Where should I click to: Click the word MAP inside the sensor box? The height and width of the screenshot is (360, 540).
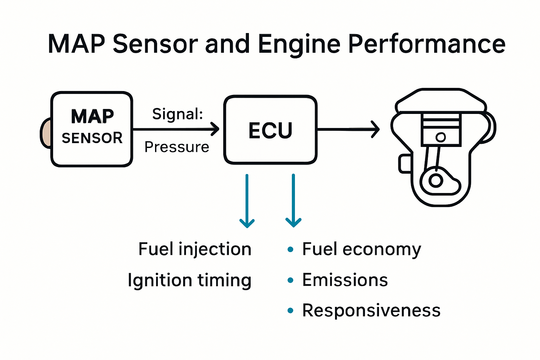tap(92, 116)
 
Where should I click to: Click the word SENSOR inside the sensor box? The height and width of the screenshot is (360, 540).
tap(92, 138)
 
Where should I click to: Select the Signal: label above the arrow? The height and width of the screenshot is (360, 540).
tap(178, 114)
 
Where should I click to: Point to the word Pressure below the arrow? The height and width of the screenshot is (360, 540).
tap(177, 147)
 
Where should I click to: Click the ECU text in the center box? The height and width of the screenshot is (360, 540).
tap(270, 130)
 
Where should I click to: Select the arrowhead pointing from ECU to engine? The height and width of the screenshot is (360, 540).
tap(375, 129)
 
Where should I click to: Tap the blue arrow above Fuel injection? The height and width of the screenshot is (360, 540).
tap(247, 200)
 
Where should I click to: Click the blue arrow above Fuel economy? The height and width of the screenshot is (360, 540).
tap(293, 200)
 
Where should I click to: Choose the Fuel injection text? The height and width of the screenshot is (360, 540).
tap(195, 249)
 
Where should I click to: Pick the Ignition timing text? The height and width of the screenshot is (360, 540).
tap(189, 280)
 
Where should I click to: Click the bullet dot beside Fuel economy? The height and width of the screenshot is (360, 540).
tap(290, 250)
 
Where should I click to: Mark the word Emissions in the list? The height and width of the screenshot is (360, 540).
tap(345, 280)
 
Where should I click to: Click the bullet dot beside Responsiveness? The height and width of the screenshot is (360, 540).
tap(290, 310)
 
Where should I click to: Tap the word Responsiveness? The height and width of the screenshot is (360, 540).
tap(371, 310)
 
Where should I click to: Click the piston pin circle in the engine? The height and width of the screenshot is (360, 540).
tap(441, 137)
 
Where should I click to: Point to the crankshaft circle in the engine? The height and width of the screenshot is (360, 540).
tap(436, 181)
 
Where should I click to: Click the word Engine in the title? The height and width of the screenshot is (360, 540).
tap(299, 44)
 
